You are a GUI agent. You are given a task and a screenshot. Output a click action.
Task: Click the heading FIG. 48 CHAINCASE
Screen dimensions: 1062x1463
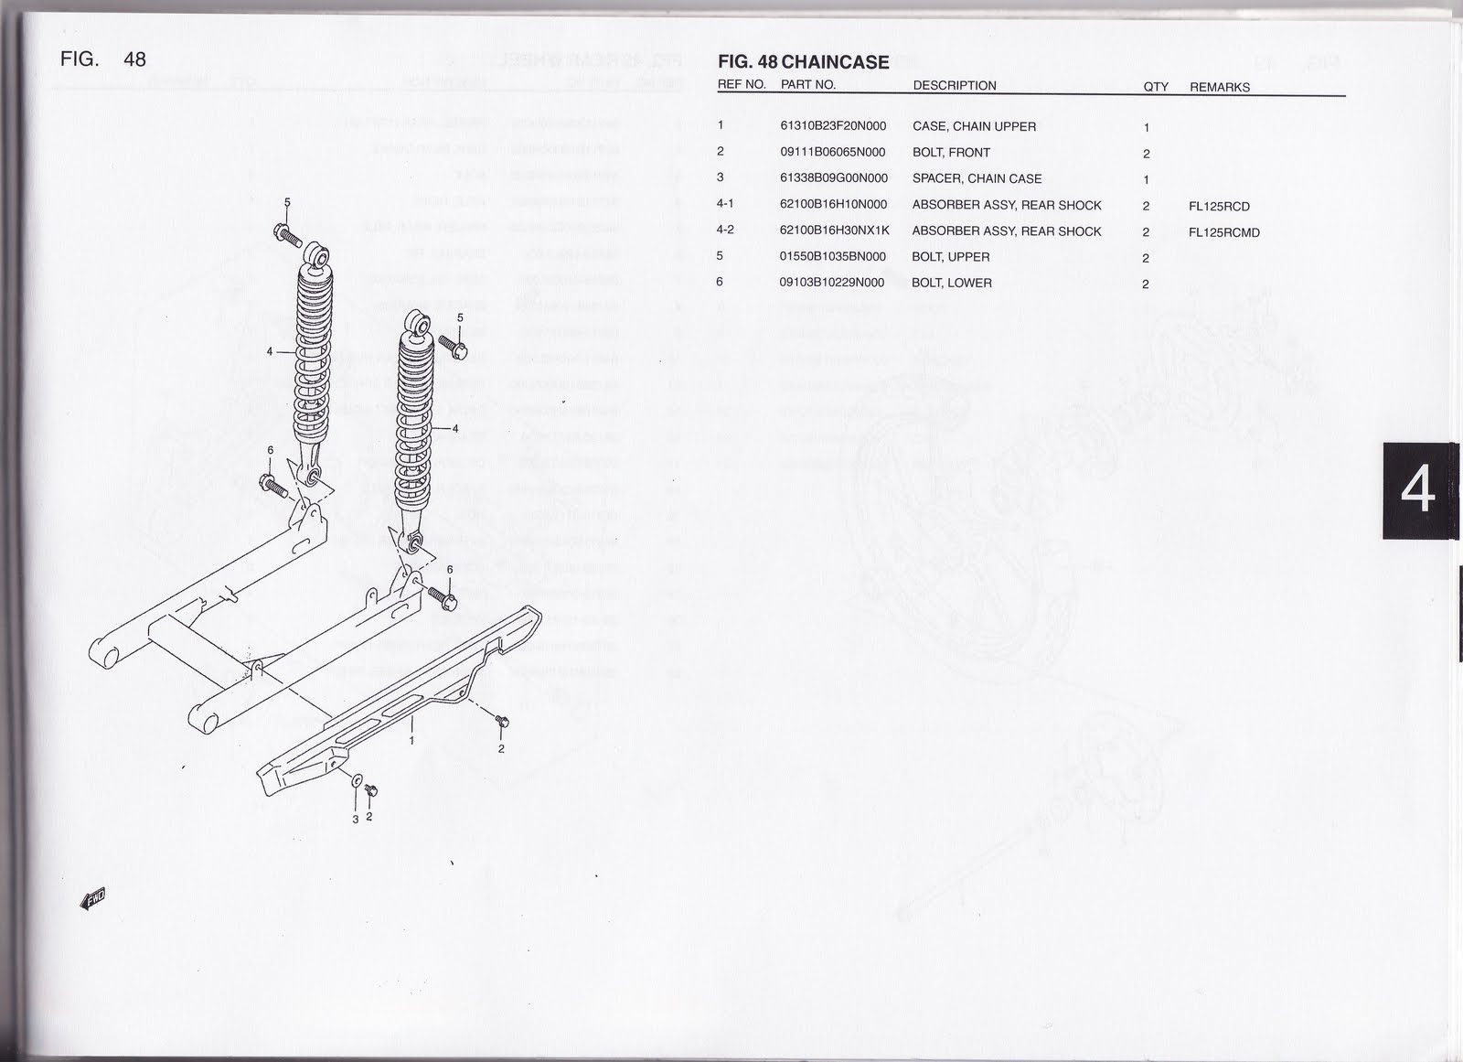click(803, 62)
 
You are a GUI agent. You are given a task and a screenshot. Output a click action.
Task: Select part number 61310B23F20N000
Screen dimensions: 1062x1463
click(832, 127)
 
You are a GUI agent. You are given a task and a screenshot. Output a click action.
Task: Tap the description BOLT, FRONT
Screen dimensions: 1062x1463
click(951, 153)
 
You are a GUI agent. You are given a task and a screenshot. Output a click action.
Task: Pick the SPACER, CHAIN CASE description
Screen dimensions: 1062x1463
click(977, 178)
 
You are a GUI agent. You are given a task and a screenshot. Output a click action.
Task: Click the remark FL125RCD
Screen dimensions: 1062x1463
click(1219, 207)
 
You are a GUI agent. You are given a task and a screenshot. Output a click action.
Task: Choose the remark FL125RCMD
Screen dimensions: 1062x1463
click(1223, 232)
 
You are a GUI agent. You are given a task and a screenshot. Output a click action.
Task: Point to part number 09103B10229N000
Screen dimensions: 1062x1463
click(831, 283)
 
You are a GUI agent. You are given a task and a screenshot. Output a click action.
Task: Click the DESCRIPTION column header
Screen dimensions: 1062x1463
click(955, 86)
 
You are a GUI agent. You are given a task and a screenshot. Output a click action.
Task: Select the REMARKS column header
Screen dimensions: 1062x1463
click(1219, 87)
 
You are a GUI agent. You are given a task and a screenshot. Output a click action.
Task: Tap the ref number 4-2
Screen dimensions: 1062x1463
click(725, 231)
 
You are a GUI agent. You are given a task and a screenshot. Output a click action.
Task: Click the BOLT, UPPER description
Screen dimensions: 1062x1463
click(950, 257)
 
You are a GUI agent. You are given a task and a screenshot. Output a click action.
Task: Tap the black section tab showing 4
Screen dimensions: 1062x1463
click(1418, 491)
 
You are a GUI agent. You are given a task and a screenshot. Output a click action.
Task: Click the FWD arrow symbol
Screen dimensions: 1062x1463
click(94, 899)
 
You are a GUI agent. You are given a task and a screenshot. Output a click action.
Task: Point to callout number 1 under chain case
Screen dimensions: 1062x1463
click(411, 740)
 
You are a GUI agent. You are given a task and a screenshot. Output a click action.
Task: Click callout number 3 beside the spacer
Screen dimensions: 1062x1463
click(356, 819)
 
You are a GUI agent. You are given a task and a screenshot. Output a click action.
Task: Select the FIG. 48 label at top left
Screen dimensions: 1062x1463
click(102, 59)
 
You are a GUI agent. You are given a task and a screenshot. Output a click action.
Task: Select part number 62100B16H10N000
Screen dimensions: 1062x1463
click(832, 205)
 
